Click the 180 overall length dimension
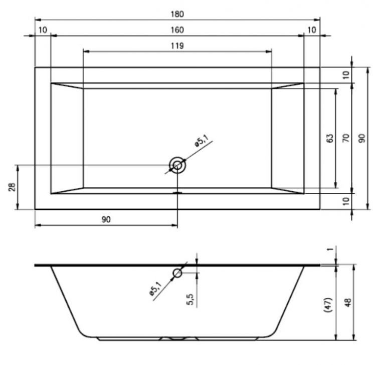[x=177, y=14]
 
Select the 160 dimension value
[x=177, y=30]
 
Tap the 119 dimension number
[x=177, y=46]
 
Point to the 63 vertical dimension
[x=330, y=138]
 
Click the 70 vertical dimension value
[x=346, y=138]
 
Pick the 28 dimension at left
[x=12, y=187]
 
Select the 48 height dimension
[x=348, y=302]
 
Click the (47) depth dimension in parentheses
[x=328, y=304]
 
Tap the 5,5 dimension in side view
[x=190, y=299]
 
